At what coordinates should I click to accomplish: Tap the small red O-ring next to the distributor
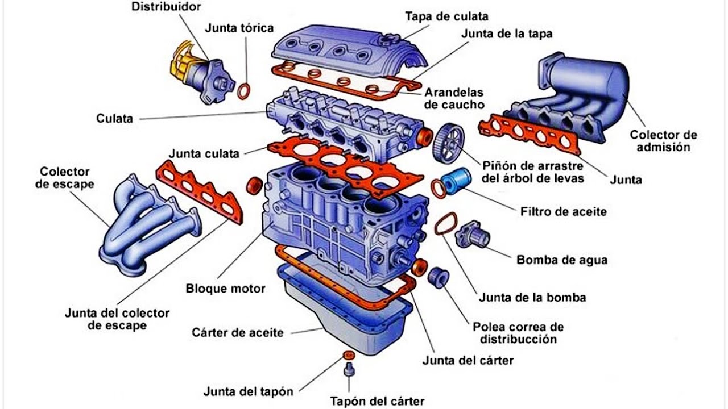244,91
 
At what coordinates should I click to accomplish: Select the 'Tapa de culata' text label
446,16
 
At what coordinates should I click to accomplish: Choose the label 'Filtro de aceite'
563,212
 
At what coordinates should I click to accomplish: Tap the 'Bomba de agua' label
561,260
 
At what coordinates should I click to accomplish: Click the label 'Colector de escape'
65,178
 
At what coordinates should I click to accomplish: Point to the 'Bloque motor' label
225,289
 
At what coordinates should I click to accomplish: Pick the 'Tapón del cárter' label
377,402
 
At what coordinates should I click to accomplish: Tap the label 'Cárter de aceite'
237,333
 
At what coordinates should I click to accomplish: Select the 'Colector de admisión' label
663,141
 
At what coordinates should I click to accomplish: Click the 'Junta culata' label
204,153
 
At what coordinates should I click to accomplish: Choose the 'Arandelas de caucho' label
454,98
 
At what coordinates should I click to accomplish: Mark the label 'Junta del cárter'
468,360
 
